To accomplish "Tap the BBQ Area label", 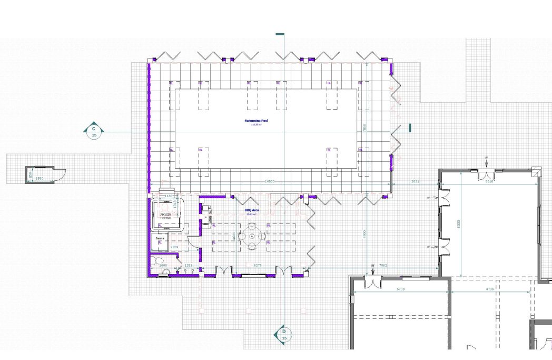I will point(251,210).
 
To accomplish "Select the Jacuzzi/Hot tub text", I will point(165,216).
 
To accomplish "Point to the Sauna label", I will point(160,239).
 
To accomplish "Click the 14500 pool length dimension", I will point(270,181).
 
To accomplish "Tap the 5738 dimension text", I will point(400,289).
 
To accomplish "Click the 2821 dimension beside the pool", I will point(415,181).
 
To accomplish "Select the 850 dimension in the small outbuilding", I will point(31,174).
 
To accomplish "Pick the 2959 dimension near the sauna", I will point(175,247).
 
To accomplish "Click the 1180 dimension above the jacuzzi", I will point(168,196).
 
